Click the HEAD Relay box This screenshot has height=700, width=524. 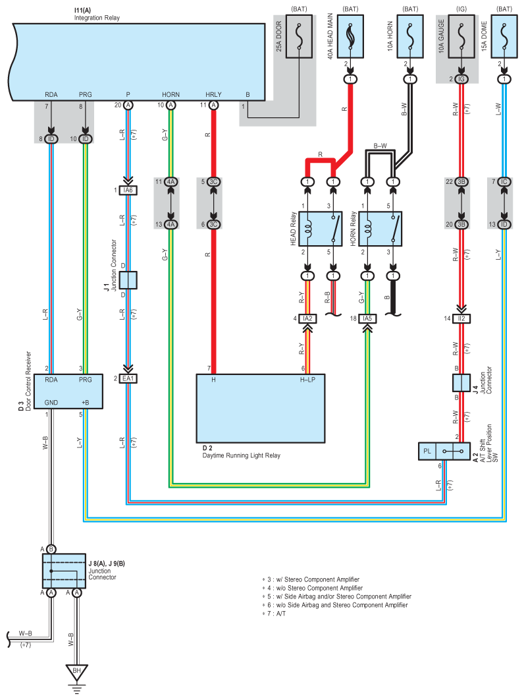[x=320, y=228]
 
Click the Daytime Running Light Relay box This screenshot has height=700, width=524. [x=261, y=408]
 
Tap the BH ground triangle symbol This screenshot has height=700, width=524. [x=77, y=672]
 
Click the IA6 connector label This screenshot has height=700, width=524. [x=128, y=190]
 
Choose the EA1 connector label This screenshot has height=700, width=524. [x=128, y=379]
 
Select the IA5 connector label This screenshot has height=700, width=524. [x=367, y=319]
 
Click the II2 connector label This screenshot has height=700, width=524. [x=462, y=319]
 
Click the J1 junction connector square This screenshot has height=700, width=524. [x=128, y=280]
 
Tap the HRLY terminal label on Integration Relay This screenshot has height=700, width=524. [x=213, y=94]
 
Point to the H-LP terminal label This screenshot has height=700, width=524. [x=308, y=380]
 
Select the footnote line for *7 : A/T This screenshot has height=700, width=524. [x=280, y=614]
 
